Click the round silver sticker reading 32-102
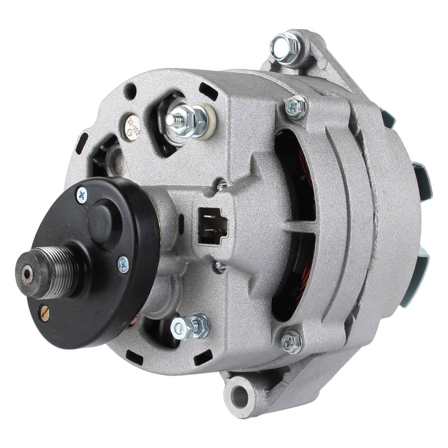(x=132, y=127)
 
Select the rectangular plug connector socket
(x=213, y=225)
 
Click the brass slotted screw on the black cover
(x=44, y=314)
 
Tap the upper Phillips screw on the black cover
(x=82, y=194)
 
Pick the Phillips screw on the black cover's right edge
(x=123, y=264)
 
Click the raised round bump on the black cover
(x=102, y=214)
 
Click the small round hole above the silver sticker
(x=130, y=91)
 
